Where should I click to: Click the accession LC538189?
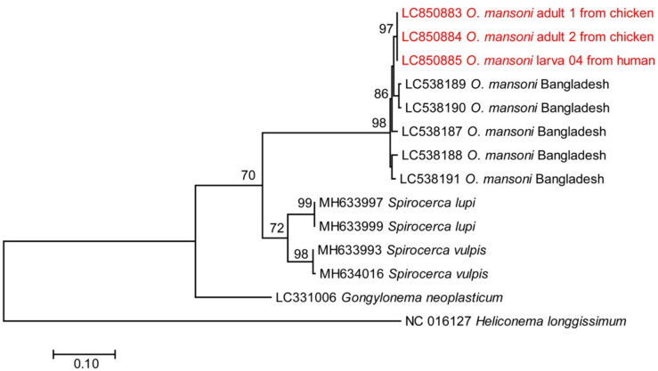coord(435,85)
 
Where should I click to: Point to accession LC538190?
coord(435,109)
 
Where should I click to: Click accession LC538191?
coord(435,179)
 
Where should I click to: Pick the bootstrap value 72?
coord(277,229)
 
